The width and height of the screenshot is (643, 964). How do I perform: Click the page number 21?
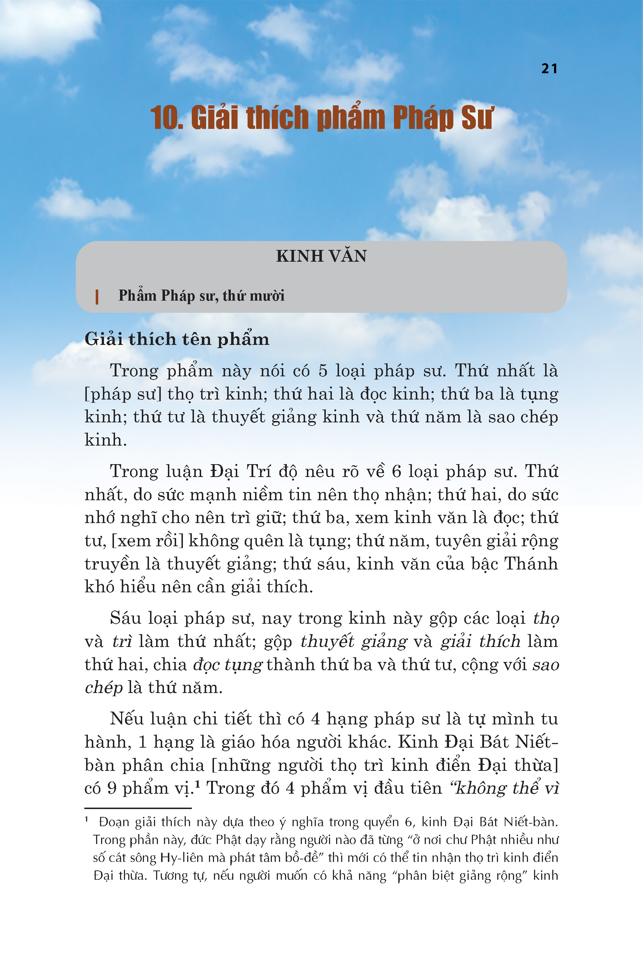[x=549, y=69]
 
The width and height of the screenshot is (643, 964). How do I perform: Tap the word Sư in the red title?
[x=477, y=118]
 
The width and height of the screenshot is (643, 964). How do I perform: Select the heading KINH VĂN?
[x=321, y=256]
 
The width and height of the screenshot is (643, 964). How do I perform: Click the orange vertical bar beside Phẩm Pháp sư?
[x=97, y=297]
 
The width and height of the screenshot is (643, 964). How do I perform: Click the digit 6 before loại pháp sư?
[x=396, y=472]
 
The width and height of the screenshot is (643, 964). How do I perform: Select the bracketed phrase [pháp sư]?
[x=123, y=394]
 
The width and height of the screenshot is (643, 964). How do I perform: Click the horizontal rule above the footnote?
[x=138, y=808]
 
